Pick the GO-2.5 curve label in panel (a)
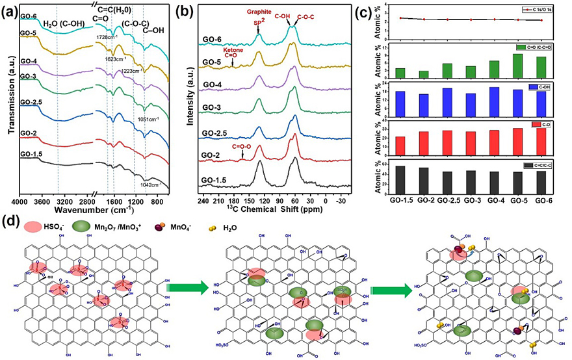pyautogui.click(x=31, y=111)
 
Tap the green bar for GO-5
pyautogui.click(x=517, y=65)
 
